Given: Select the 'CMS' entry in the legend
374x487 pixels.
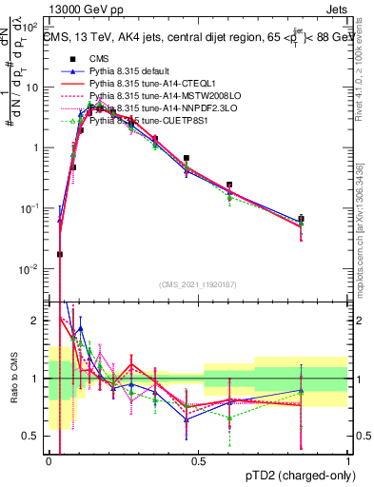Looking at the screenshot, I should pos(102,57).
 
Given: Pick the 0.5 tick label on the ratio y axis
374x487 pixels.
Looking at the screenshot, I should pos(34,437).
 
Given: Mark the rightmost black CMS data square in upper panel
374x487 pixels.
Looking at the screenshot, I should pos(301,219).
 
